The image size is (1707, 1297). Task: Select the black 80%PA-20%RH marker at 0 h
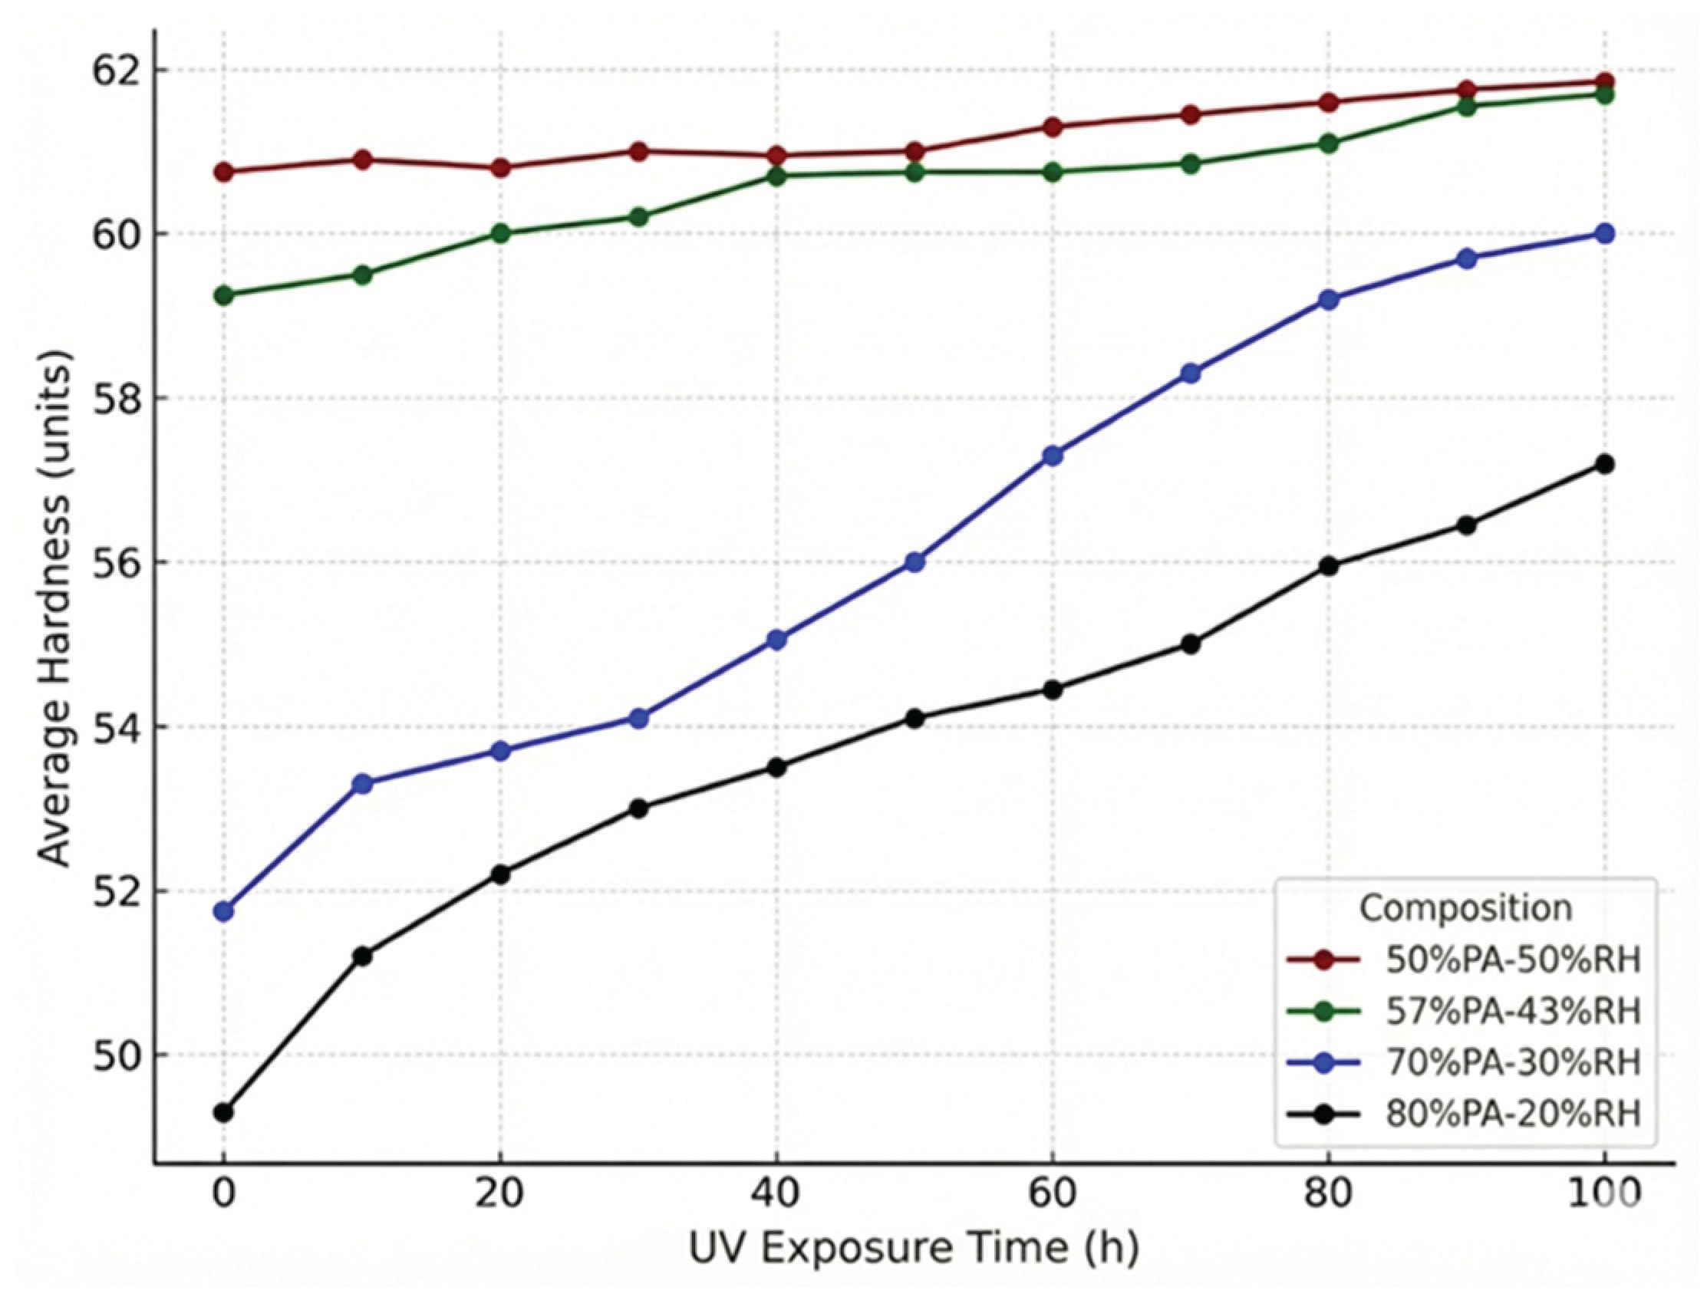coord(224,1112)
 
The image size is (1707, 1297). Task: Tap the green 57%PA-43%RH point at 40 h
coord(776,176)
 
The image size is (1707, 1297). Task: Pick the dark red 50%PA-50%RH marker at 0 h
coord(224,171)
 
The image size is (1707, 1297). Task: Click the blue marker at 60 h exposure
coord(1053,456)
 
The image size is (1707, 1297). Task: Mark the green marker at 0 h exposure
coord(224,295)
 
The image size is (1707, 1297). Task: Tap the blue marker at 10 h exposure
coord(362,784)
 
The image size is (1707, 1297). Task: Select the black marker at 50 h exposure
coord(914,718)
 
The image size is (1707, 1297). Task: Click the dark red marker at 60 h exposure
coord(1053,127)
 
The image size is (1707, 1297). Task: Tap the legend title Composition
coord(1465,908)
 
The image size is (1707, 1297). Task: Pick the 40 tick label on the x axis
coord(776,1193)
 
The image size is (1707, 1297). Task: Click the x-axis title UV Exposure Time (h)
coord(913,1249)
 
